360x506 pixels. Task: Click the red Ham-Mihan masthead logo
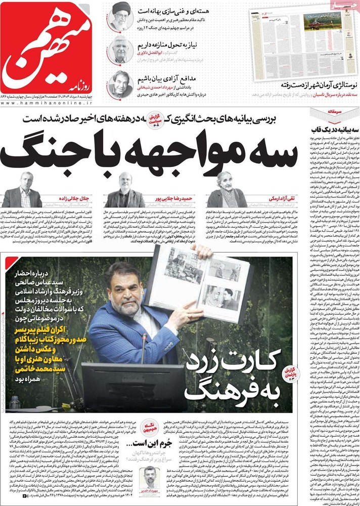pyautogui.click(x=48, y=49)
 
